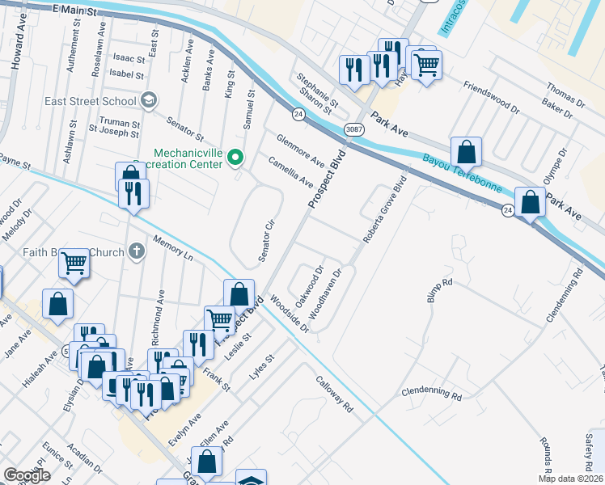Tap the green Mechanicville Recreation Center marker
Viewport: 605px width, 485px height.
pos(235,157)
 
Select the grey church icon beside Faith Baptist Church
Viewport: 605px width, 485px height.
pos(137,251)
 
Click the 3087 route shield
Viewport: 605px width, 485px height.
pos(353,129)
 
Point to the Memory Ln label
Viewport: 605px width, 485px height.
pos(172,248)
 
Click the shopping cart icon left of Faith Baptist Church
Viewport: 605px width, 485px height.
pos(74,262)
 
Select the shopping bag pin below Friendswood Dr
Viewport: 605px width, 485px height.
pos(467,151)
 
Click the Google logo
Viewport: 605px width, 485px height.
pos(27,475)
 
